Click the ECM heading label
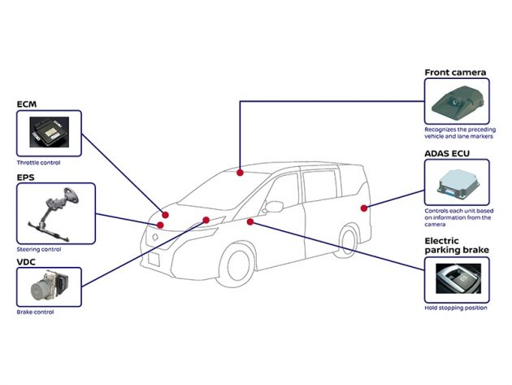tap(27, 104)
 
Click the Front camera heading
tap(455, 72)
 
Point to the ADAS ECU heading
tap(453, 151)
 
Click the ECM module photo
tap(49, 133)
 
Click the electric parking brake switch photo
tap(458, 280)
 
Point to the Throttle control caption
tap(38, 162)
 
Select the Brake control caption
tap(35, 312)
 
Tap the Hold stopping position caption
tap(455, 308)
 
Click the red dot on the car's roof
tap(240, 172)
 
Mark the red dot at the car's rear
tap(364, 208)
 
